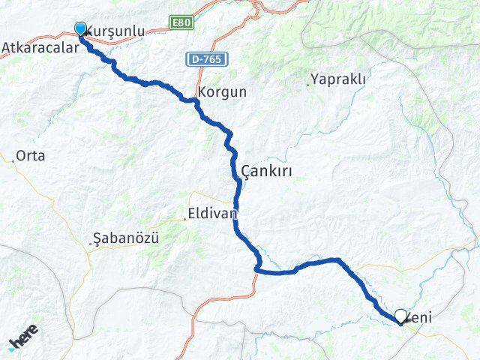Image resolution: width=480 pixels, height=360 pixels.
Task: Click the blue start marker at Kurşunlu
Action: (81, 29)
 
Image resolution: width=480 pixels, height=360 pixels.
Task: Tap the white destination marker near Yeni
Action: (401, 317)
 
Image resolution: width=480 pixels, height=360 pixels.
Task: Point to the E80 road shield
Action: (180, 23)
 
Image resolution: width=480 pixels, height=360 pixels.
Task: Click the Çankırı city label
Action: (267, 172)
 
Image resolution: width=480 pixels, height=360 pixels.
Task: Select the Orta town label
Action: (31, 156)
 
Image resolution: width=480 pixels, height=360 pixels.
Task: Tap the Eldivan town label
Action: (214, 213)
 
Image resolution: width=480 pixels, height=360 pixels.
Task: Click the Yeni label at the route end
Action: (419, 318)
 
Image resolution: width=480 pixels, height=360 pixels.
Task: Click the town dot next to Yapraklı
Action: (308, 85)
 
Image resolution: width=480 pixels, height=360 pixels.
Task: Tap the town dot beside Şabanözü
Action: (91, 243)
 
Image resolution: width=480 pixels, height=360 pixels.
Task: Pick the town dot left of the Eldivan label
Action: (185, 219)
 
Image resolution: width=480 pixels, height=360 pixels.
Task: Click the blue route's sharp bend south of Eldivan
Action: (257, 268)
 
